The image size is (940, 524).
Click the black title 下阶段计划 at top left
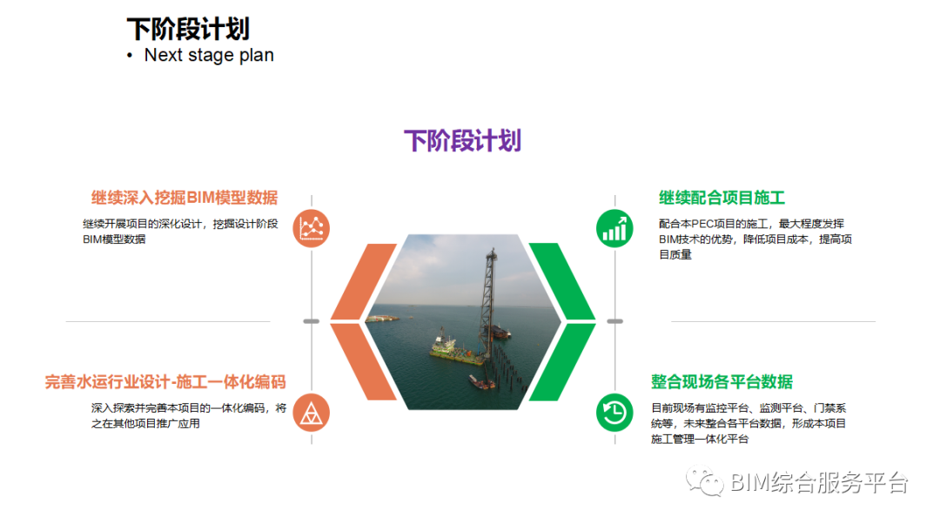[x=188, y=29]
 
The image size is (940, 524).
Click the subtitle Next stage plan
[x=209, y=55]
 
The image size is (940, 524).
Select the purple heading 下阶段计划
[x=462, y=140]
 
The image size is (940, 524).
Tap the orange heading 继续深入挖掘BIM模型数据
[x=185, y=198]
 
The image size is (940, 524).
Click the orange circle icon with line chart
[x=312, y=228]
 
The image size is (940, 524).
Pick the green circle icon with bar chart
[x=614, y=228]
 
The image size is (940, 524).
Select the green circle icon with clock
[x=614, y=413]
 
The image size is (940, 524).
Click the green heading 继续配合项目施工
[x=722, y=198]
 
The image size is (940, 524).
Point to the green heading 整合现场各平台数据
[x=722, y=381]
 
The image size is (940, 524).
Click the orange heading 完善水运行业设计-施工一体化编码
[x=165, y=381]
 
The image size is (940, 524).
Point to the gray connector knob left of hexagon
[x=312, y=321]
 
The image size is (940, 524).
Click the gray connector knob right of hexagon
[x=614, y=321]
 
